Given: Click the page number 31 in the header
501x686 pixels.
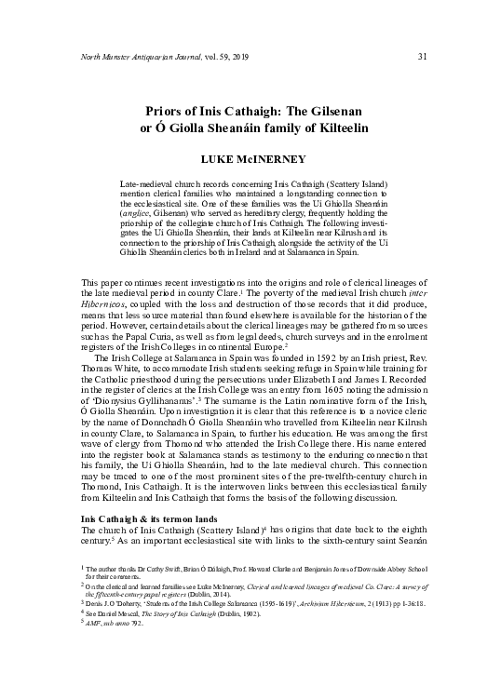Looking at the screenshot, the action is (x=422, y=57).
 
